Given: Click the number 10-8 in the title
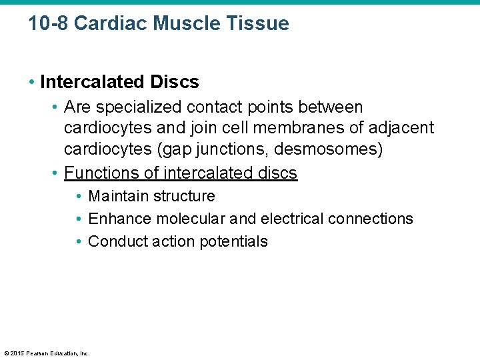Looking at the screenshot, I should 49,23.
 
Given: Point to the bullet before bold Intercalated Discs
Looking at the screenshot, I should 33,82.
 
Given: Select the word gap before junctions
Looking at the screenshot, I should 204,149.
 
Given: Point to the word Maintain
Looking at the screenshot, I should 119,196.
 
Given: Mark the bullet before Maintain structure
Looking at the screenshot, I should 79,196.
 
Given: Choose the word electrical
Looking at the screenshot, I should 291,219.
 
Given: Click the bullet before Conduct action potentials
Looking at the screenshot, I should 79,241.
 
